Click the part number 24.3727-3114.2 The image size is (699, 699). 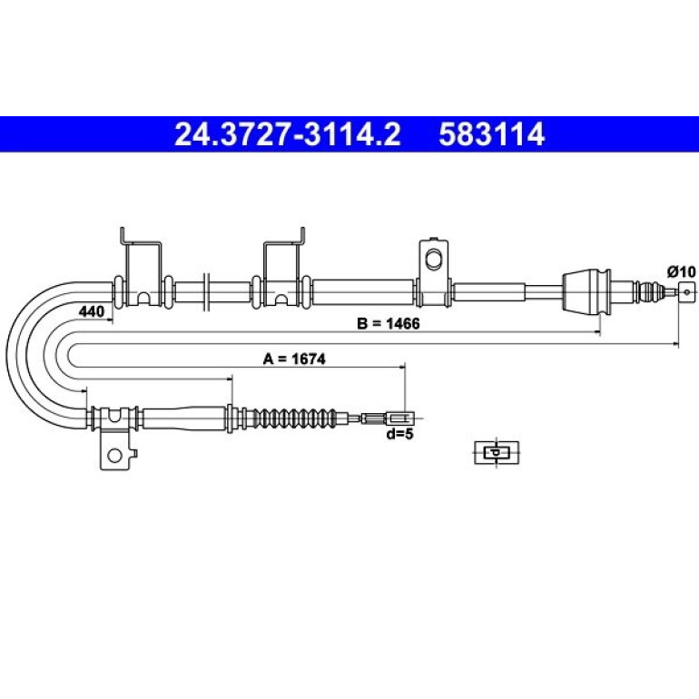288,134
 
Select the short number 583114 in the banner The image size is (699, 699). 492,134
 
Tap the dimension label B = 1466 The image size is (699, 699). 389,323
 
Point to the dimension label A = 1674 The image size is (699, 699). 294,359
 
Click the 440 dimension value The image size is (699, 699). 92,311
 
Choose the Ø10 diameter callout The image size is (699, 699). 681,271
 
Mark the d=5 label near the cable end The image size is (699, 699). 399,433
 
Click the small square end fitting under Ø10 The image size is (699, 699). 686,292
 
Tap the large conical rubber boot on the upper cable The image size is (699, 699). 585,292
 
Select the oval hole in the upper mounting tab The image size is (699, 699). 432,260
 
